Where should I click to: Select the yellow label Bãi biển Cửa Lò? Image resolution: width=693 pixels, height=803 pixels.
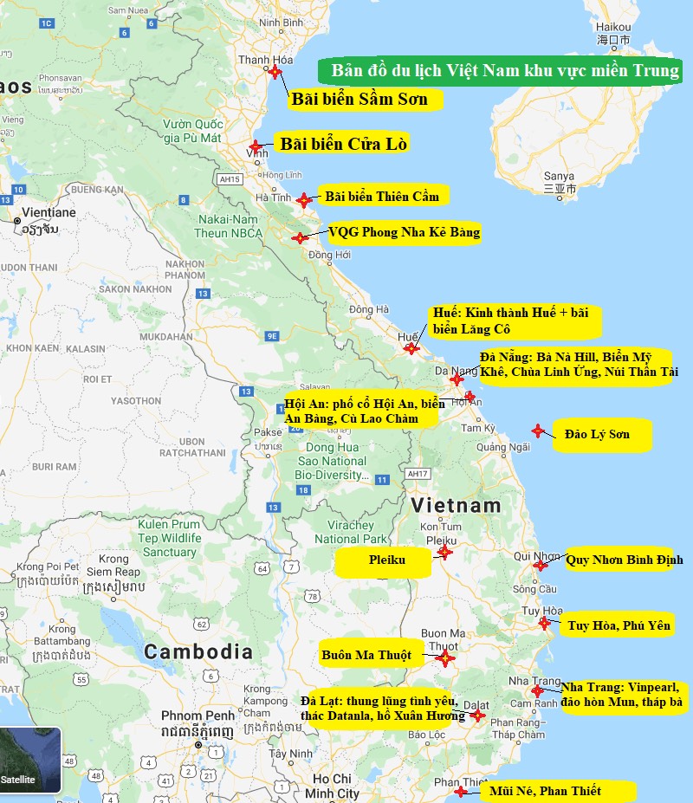click(343, 144)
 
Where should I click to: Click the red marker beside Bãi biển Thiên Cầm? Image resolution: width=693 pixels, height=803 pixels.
click(303, 200)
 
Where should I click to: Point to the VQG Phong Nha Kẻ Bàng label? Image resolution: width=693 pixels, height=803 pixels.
click(404, 232)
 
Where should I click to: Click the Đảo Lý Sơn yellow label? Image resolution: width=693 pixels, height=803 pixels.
click(603, 434)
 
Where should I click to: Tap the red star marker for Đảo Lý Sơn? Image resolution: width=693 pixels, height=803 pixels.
click(538, 431)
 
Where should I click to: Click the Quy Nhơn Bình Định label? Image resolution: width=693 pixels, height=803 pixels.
click(624, 560)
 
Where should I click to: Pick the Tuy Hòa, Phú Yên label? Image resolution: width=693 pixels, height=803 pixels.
click(619, 625)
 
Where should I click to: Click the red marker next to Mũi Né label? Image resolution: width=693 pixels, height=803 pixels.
click(461, 791)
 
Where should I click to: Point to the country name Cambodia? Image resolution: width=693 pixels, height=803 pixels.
click(198, 651)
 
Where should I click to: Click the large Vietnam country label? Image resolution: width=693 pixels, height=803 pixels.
click(456, 505)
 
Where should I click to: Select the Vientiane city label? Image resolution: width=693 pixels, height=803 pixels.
click(49, 212)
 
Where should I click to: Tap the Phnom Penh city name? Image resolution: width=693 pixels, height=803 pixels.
click(198, 716)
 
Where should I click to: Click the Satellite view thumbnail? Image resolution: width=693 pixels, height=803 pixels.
click(30, 760)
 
